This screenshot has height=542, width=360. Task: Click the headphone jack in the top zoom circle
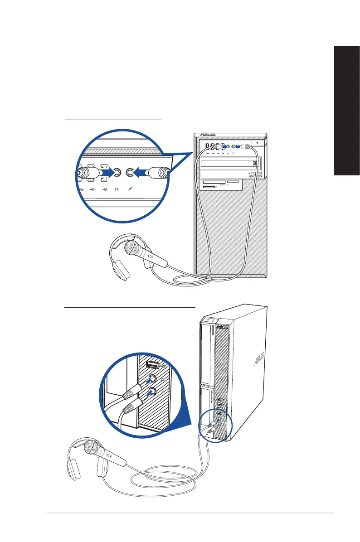pos(117,172)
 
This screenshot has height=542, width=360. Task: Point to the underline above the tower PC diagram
pos(113,120)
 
